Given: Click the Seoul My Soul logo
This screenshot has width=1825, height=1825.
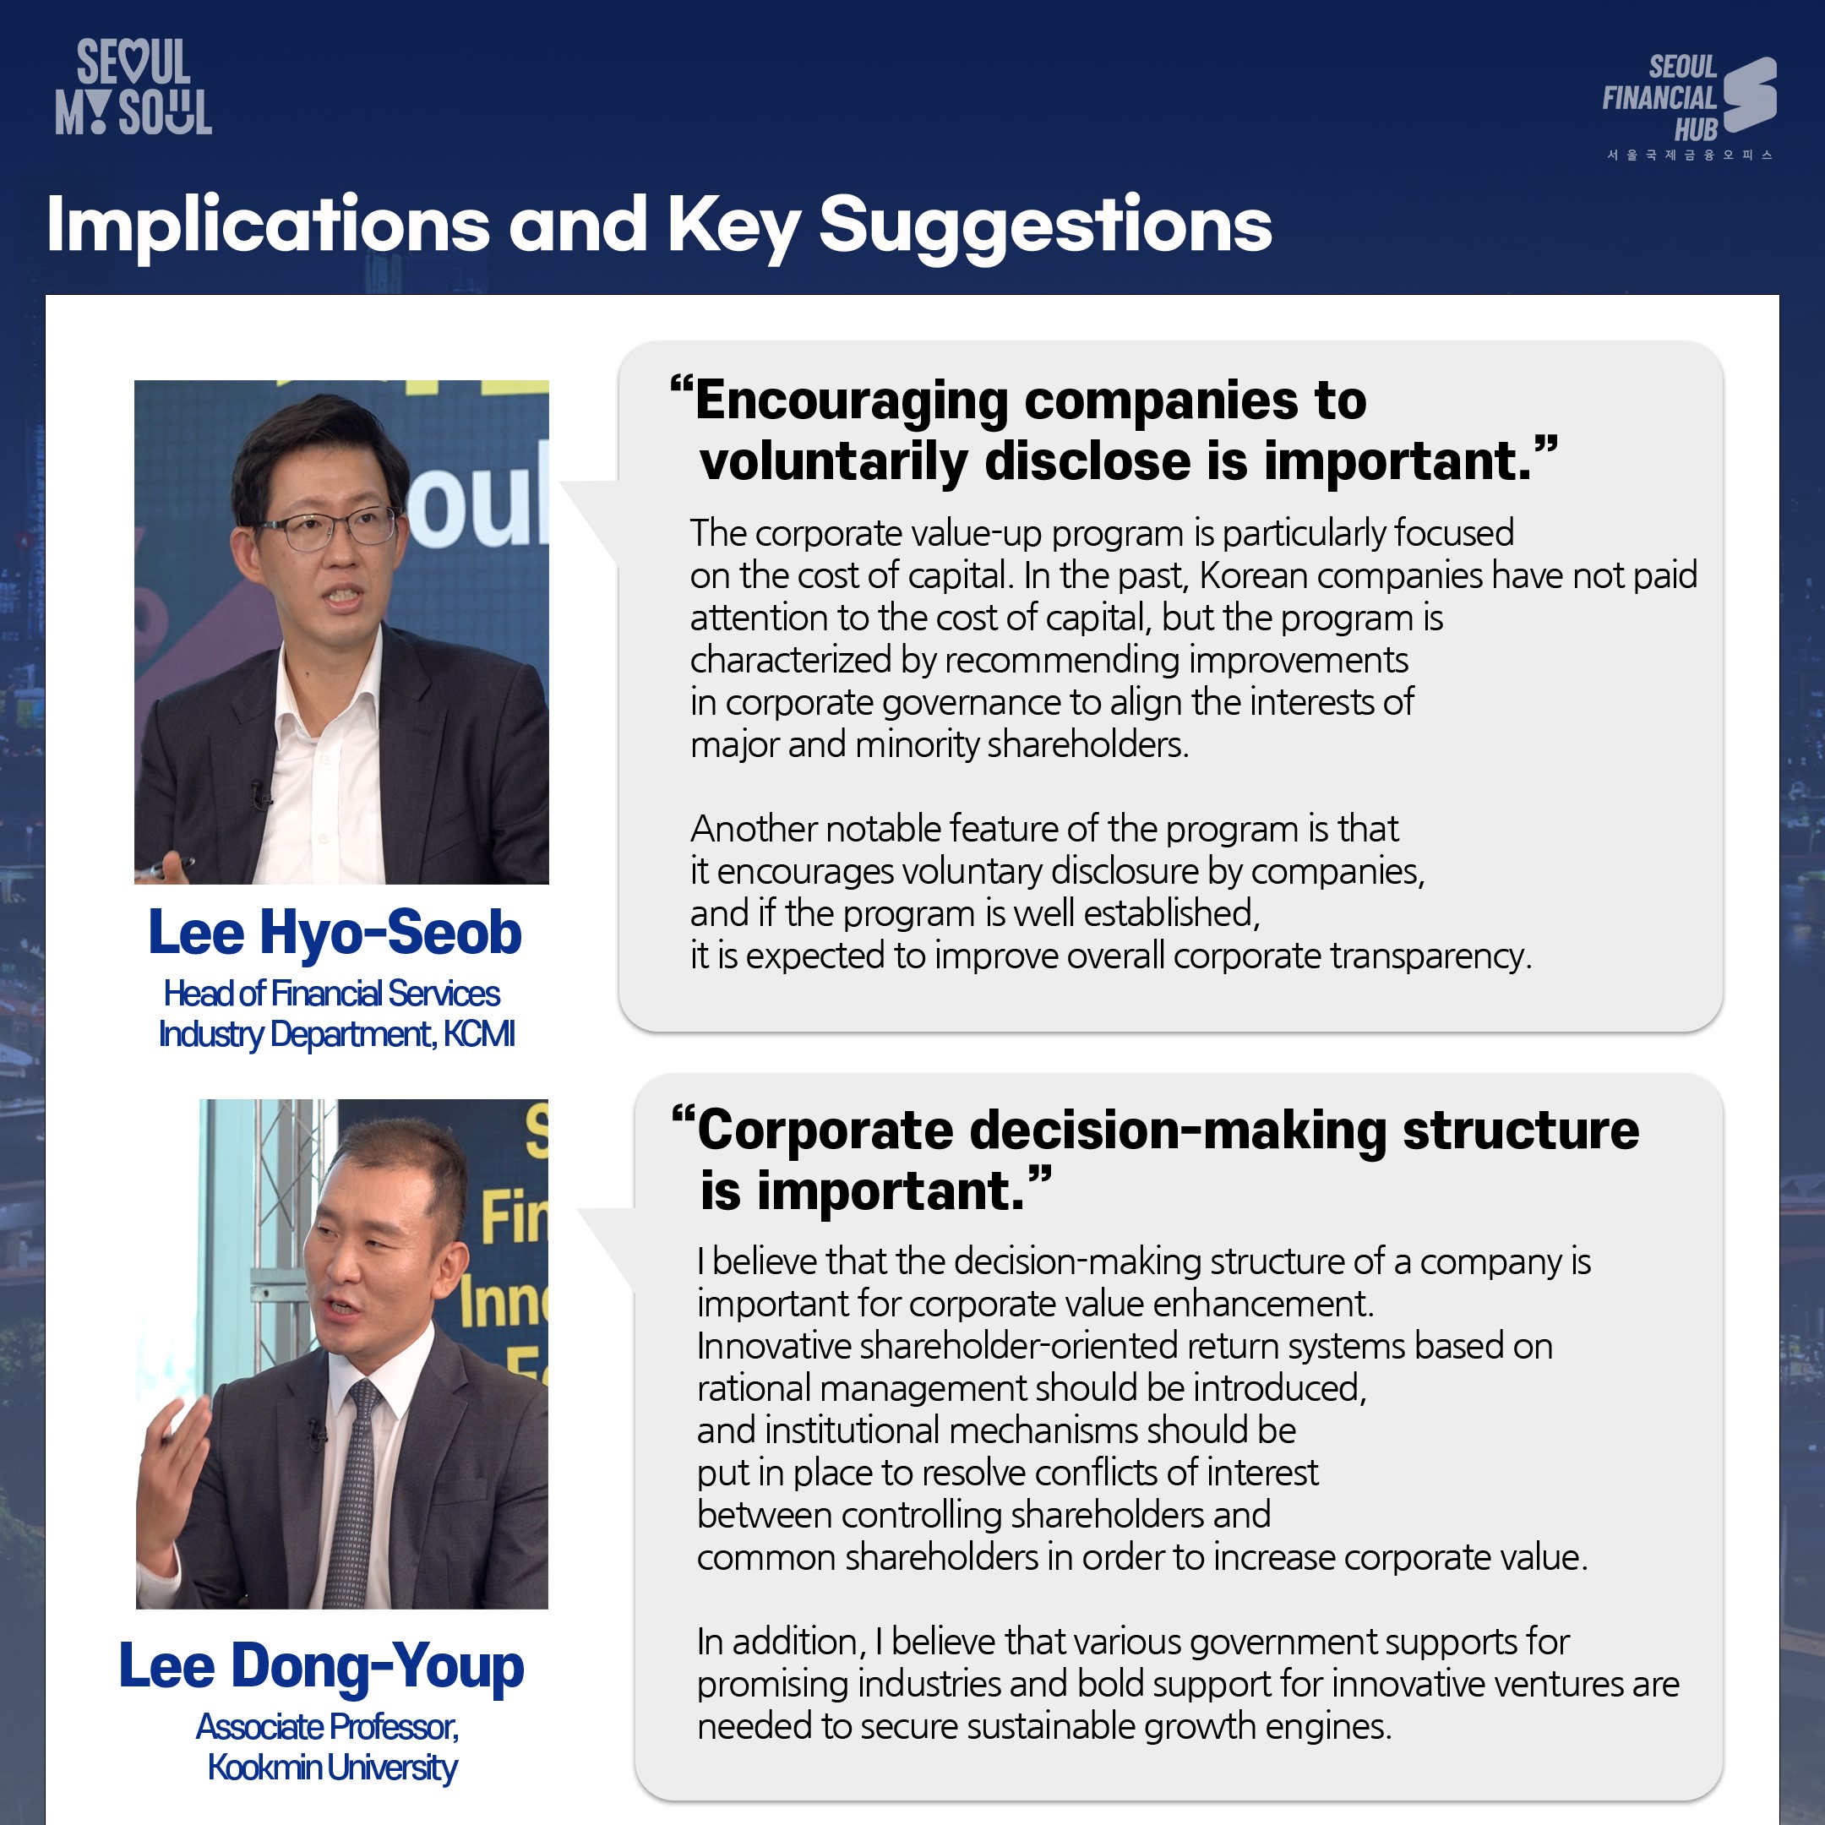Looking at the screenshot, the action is tap(133, 87).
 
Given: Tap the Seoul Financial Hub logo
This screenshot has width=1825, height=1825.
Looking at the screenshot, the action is tap(1689, 104).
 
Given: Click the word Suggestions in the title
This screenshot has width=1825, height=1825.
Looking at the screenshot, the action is tap(1045, 226).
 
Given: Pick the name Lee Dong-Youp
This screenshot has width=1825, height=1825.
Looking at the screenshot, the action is tap(321, 1665).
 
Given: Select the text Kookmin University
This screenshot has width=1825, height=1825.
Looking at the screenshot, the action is tap(333, 1768).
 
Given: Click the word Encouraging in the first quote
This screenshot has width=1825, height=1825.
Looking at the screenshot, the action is tap(852, 400).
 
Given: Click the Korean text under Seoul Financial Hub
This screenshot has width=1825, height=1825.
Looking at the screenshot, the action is tap(1690, 155).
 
